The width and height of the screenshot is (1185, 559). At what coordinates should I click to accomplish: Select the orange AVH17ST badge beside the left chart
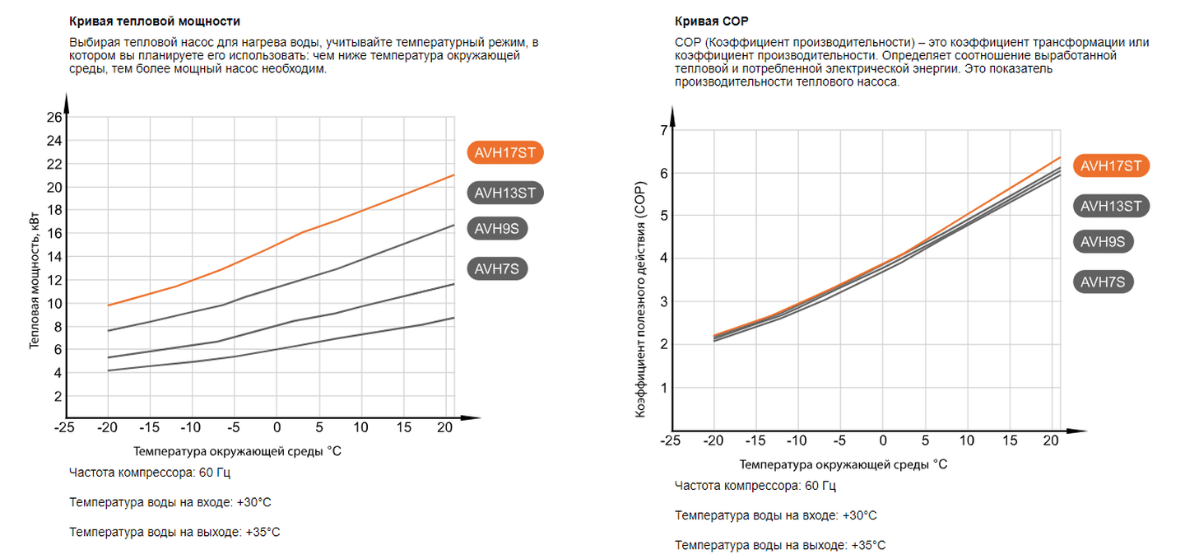click(506, 152)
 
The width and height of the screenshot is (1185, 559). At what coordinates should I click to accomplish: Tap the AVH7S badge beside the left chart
click(496, 268)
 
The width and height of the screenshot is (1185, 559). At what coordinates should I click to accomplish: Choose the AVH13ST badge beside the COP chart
click(1111, 206)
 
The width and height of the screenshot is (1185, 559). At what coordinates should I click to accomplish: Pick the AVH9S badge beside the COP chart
click(1104, 241)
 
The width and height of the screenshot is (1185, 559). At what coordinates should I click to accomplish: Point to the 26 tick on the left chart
click(54, 118)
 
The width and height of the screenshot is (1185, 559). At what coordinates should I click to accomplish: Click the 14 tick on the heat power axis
click(54, 257)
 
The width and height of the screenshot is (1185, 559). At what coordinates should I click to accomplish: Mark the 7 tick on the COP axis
click(663, 130)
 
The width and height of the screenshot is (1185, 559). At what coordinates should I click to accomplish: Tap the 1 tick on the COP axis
click(663, 387)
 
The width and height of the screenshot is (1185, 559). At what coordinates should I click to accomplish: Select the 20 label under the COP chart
click(1052, 440)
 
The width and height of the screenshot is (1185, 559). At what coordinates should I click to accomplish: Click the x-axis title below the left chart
click(237, 451)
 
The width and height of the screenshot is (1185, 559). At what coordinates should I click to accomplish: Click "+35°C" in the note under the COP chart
click(869, 545)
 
